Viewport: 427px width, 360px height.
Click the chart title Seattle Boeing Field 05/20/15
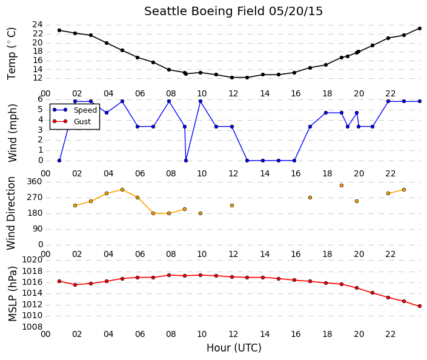click(x=233, y=12)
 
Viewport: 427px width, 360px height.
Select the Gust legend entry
click(x=72, y=121)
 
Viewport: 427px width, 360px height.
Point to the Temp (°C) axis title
click(x=12, y=54)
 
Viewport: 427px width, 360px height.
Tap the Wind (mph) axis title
click(x=12, y=133)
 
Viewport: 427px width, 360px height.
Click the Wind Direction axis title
click(x=11, y=213)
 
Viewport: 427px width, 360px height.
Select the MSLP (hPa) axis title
click(x=13, y=293)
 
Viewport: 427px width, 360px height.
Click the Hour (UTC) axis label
click(x=234, y=348)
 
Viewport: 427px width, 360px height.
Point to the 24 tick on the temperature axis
click(x=38, y=24)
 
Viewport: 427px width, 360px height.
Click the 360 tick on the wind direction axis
click(x=35, y=181)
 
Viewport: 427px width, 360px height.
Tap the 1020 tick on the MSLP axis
click(x=33, y=259)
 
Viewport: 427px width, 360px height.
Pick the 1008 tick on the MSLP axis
click(x=33, y=327)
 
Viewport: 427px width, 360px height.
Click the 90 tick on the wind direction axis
click(x=38, y=228)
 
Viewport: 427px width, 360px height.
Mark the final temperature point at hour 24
click(x=420, y=28)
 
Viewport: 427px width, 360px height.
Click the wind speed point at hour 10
click(x=200, y=101)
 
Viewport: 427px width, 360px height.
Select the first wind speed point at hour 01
click(x=59, y=161)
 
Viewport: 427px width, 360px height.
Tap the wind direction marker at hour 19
click(x=342, y=185)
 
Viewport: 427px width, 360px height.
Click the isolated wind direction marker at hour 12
click(x=232, y=205)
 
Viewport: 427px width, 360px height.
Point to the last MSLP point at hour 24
click(x=420, y=306)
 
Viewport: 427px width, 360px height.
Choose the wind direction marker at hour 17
click(x=310, y=198)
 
